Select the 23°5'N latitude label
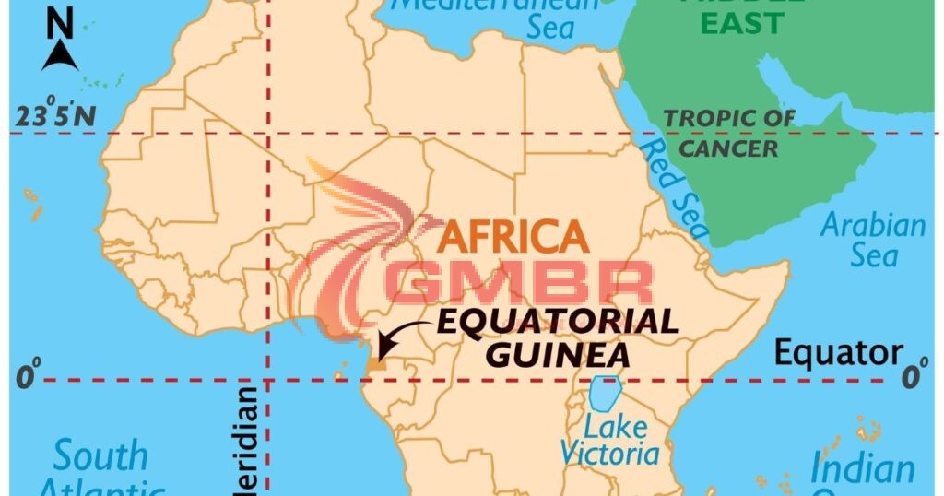(53, 116)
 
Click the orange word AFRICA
(513, 236)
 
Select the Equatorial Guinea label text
(557, 337)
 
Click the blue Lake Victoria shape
(605, 394)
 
